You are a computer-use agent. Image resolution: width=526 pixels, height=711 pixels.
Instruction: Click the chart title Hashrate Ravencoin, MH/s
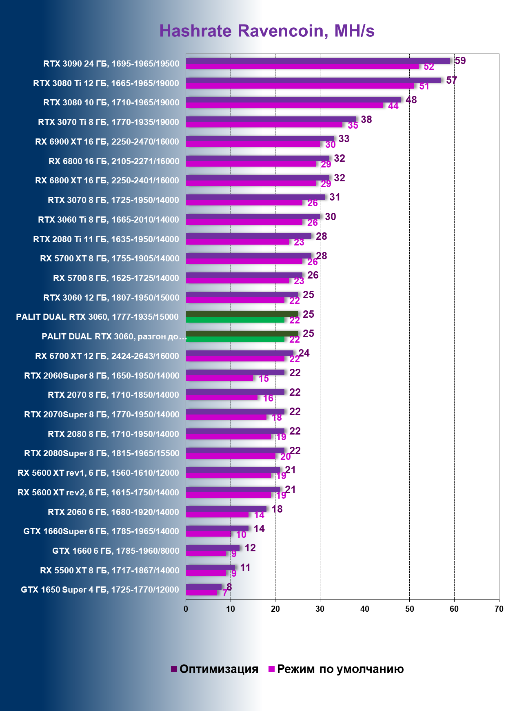267,31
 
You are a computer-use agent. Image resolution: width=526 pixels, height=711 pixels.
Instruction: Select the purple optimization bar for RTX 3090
317,61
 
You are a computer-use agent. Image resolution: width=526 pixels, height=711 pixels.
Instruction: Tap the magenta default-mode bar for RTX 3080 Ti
300,86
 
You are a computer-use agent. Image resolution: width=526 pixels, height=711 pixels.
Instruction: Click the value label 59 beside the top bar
460,61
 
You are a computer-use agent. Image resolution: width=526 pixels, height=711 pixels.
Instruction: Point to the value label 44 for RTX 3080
393,106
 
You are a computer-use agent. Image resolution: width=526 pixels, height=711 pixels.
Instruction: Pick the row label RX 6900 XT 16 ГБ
107,142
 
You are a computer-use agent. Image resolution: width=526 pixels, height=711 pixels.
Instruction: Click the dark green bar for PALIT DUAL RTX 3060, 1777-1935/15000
242,314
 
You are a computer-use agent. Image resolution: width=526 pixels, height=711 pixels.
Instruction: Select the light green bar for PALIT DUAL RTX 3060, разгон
235,339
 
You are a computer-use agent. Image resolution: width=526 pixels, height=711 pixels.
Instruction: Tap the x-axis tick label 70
499,609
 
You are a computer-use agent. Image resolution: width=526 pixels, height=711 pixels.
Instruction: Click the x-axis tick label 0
186,609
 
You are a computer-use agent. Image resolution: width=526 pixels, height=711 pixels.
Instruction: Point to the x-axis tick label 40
364,609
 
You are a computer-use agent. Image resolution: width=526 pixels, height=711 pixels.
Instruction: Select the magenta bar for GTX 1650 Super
202,592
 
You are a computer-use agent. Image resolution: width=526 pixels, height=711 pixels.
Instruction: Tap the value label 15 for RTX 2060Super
264,379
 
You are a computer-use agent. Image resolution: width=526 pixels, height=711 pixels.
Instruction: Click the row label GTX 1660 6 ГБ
115,551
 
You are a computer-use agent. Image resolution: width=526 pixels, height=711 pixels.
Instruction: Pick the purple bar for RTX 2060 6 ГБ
226,509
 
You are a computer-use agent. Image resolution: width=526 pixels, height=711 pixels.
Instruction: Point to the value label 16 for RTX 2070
268,398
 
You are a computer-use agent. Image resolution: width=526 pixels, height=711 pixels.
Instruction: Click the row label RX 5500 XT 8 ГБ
109,571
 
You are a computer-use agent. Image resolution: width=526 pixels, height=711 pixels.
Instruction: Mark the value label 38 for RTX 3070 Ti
366,119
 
